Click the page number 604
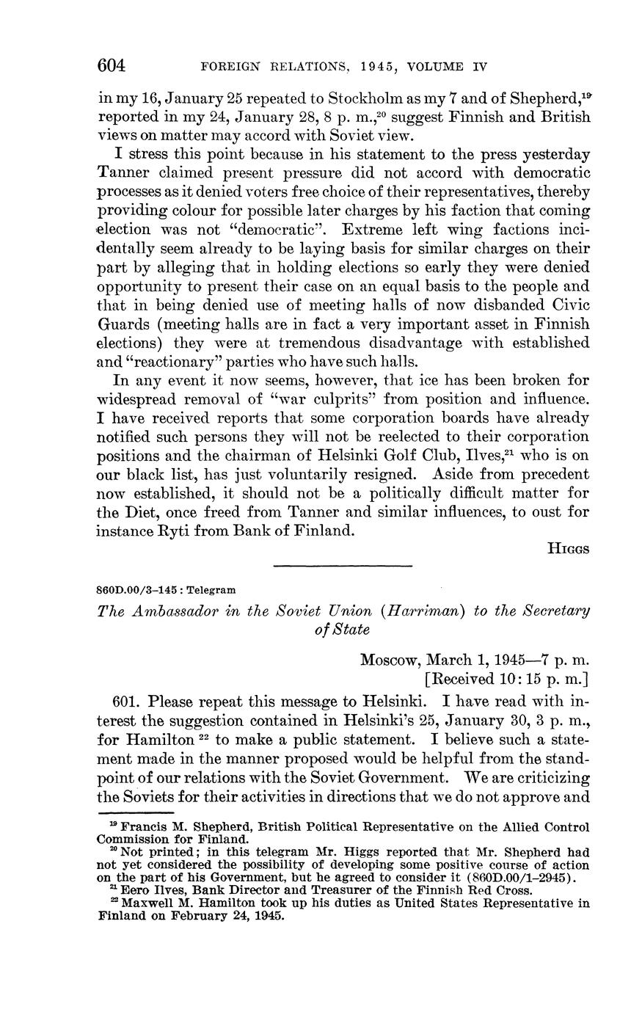pos(112,66)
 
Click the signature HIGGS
pos(568,548)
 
